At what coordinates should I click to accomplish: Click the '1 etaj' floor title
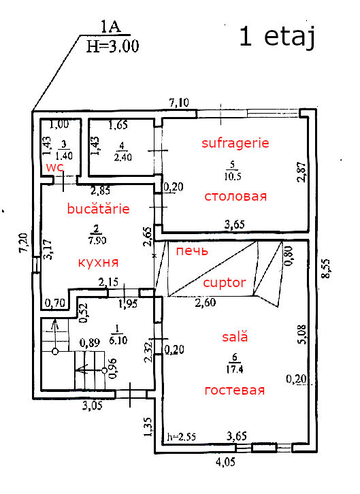point(277,37)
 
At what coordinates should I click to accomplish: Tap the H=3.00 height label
point(112,47)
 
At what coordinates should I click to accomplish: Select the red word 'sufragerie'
point(235,143)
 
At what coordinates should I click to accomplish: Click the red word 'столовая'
point(235,197)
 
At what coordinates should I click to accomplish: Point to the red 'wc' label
point(55,167)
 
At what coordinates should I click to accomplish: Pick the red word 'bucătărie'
point(98,209)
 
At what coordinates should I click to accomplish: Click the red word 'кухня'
point(98,262)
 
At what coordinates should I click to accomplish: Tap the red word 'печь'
point(192,251)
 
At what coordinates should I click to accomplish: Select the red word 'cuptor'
point(225,282)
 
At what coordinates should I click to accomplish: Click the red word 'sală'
point(235,336)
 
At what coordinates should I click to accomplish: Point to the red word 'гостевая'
point(235,391)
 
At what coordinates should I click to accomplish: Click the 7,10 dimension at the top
point(179,102)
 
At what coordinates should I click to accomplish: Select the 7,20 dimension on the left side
point(23,243)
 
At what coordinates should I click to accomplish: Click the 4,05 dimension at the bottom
point(225,462)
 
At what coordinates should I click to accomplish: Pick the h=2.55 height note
point(182,437)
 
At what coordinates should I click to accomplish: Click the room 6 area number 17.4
point(234,369)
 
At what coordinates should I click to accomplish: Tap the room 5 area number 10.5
point(233,176)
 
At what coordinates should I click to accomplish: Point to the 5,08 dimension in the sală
point(301,335)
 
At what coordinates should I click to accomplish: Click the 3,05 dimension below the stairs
point(93,405)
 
